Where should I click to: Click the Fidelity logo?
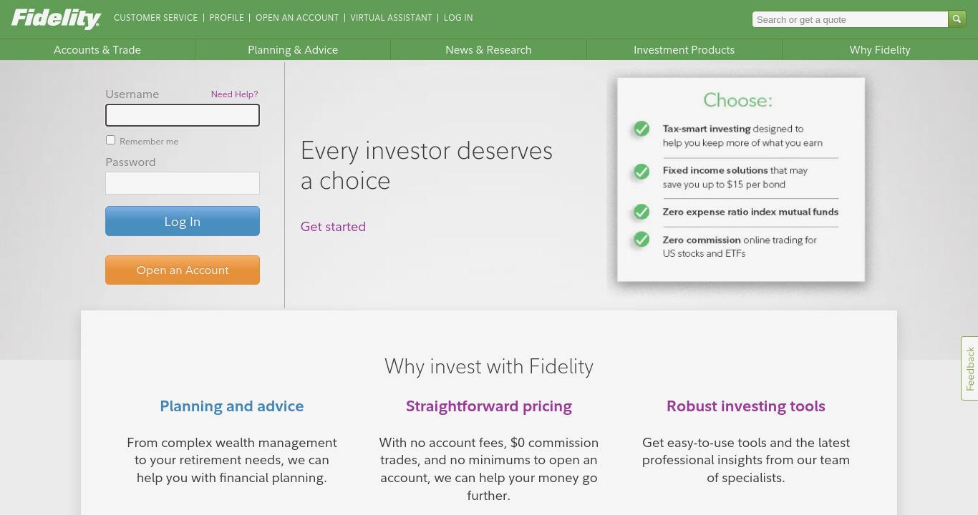[x=56, y=19]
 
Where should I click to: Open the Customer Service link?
[x=155, y=18]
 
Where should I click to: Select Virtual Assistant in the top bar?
[x=391, y=18]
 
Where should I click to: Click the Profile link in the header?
[x=226, y=18]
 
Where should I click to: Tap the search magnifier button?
[x=957, y=19]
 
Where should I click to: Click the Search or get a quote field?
[x=850, y=19]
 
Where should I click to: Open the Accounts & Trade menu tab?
[x=97, y=50]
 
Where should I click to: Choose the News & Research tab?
[x=488, y=50]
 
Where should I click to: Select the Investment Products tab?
[x=684, y=50]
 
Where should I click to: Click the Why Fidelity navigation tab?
[x=880, y=50]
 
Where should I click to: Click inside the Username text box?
[x=183, y=115]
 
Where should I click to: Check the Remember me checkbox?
[x=110, y=140]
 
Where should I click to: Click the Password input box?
[x=183, y=183]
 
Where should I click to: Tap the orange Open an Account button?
[x=183, y=270]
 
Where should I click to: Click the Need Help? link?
[x=234, y=94]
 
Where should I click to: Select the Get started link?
[x=333, y=227]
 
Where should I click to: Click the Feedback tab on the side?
[x=969, y=368]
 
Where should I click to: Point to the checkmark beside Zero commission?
[x=641, y=239]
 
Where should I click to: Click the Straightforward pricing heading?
[x=488, y=406]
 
